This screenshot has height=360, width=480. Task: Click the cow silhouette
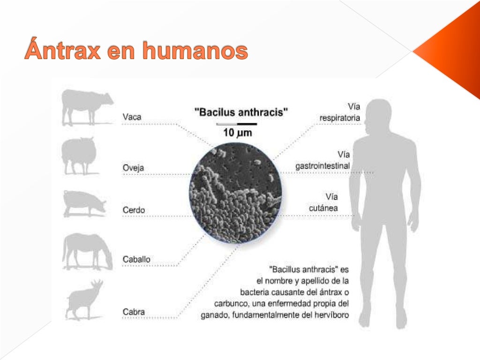tap(87, 107)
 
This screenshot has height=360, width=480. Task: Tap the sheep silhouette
tap(79, 155)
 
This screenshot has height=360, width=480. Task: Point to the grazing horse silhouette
tap(87, 251)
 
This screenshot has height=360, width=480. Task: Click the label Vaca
tap(132, 117)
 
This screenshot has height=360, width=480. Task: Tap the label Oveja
tap(134, 168)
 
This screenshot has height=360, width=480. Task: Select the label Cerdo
tap(134, 210)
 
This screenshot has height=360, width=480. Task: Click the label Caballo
tap(136, 259)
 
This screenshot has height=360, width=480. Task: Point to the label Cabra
tap(134, 312)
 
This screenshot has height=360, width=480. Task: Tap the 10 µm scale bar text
tap(237, 133)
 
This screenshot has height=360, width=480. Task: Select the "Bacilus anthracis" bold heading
tap(241, 112)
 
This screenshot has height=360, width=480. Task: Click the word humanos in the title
tap(195, 51)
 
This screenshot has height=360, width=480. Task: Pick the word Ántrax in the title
tap(63, 51)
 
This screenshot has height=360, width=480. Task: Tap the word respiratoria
tap(340, 118)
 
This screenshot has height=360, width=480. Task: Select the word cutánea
tap(323, 208)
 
